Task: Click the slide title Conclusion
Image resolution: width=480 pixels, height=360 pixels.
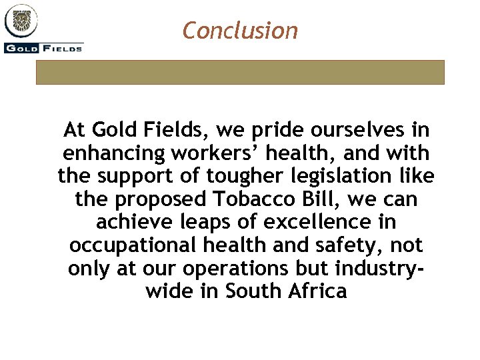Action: (240, 30)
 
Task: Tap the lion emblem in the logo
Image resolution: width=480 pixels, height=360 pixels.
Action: (21, 21)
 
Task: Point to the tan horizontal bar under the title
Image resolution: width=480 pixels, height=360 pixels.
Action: (240, 72)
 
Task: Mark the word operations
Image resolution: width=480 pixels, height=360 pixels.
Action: (277, 269)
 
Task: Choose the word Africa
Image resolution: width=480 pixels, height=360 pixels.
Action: (317, 292)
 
